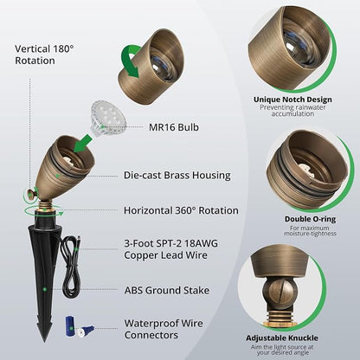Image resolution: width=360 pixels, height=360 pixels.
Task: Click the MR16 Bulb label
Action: (x=174, y=127)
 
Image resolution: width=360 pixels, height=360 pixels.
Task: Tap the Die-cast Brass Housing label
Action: (x=177, y=176)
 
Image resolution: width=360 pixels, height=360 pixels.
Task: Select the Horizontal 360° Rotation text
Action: (x=181, y=210)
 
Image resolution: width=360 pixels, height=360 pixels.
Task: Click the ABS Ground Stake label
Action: (x=167, y=290)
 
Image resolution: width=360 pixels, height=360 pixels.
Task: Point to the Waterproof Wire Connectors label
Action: (x=164, y=329)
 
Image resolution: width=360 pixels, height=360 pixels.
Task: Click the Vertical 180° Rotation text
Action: (x=44, y=55)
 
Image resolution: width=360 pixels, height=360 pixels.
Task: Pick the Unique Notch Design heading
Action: (x=292, y=100)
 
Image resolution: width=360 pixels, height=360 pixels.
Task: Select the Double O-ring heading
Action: (x=310, y=219)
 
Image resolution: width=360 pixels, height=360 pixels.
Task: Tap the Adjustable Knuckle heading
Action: (x=282, y=337)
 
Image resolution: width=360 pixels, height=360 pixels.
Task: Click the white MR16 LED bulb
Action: (x=108, y=119)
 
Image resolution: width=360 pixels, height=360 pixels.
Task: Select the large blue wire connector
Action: (x=70, y=326)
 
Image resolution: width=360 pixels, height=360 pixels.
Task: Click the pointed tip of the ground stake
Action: (x=44, y=342)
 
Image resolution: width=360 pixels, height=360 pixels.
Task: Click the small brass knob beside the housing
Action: (x=30, y=195)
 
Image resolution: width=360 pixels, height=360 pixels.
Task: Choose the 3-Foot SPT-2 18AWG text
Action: (x=171, y=244)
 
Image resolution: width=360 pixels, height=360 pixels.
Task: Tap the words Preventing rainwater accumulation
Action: (x=292, y=111)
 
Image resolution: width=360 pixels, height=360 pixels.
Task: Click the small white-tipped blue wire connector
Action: (x=87, y=331)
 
